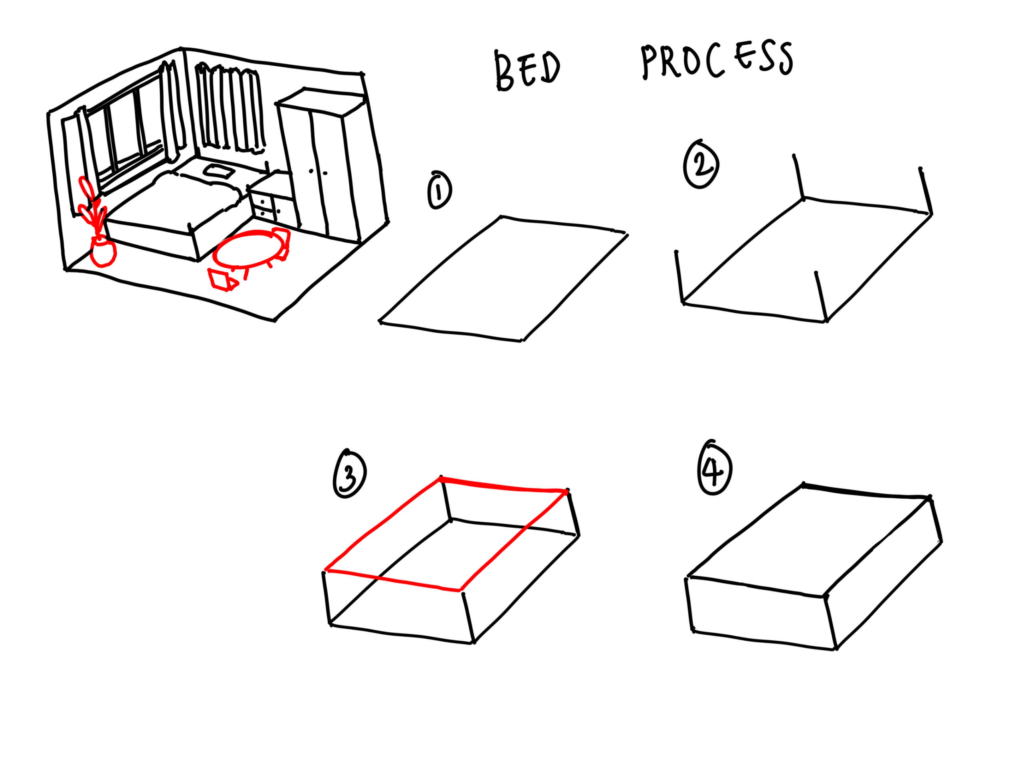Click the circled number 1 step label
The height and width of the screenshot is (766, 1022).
(x=440, y=190)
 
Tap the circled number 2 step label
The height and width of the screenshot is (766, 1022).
(x=701, y=164)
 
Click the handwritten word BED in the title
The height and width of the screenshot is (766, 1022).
(x=527, y=71)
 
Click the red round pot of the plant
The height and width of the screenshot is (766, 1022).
(x=102, y=251)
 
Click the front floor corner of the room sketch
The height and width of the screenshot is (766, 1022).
(x=275, y=320)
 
